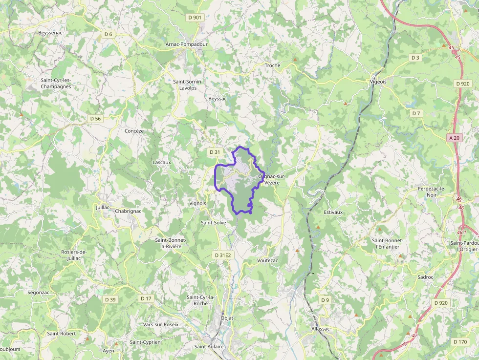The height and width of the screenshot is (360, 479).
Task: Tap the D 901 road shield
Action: pos(195,18)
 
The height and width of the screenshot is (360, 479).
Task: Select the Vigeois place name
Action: pos(378,82)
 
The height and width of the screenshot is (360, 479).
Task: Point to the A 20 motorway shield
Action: pos(454,138)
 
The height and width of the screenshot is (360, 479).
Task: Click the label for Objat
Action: pos(227,318)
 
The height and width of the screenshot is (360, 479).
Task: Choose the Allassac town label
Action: pos(321,329)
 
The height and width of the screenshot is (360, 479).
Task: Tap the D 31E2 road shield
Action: pos(222,255)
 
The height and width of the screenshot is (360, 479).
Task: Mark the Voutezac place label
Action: pos(267,261)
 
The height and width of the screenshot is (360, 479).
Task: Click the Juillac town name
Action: pos(103,207)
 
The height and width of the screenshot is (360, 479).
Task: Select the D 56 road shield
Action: pos(95,119)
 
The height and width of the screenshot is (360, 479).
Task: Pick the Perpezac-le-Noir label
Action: pos(432,191)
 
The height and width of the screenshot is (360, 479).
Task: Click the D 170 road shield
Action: pos(460,341)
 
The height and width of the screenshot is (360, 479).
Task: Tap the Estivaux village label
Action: pos(333,212)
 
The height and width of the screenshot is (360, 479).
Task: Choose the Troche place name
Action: pos(272,65)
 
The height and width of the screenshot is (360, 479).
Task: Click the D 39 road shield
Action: pos(110,299)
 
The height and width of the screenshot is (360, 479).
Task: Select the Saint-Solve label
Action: pos(213,222)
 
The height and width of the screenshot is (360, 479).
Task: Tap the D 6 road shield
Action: pos(108,34)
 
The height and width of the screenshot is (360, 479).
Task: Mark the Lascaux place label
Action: pos(162,162)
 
